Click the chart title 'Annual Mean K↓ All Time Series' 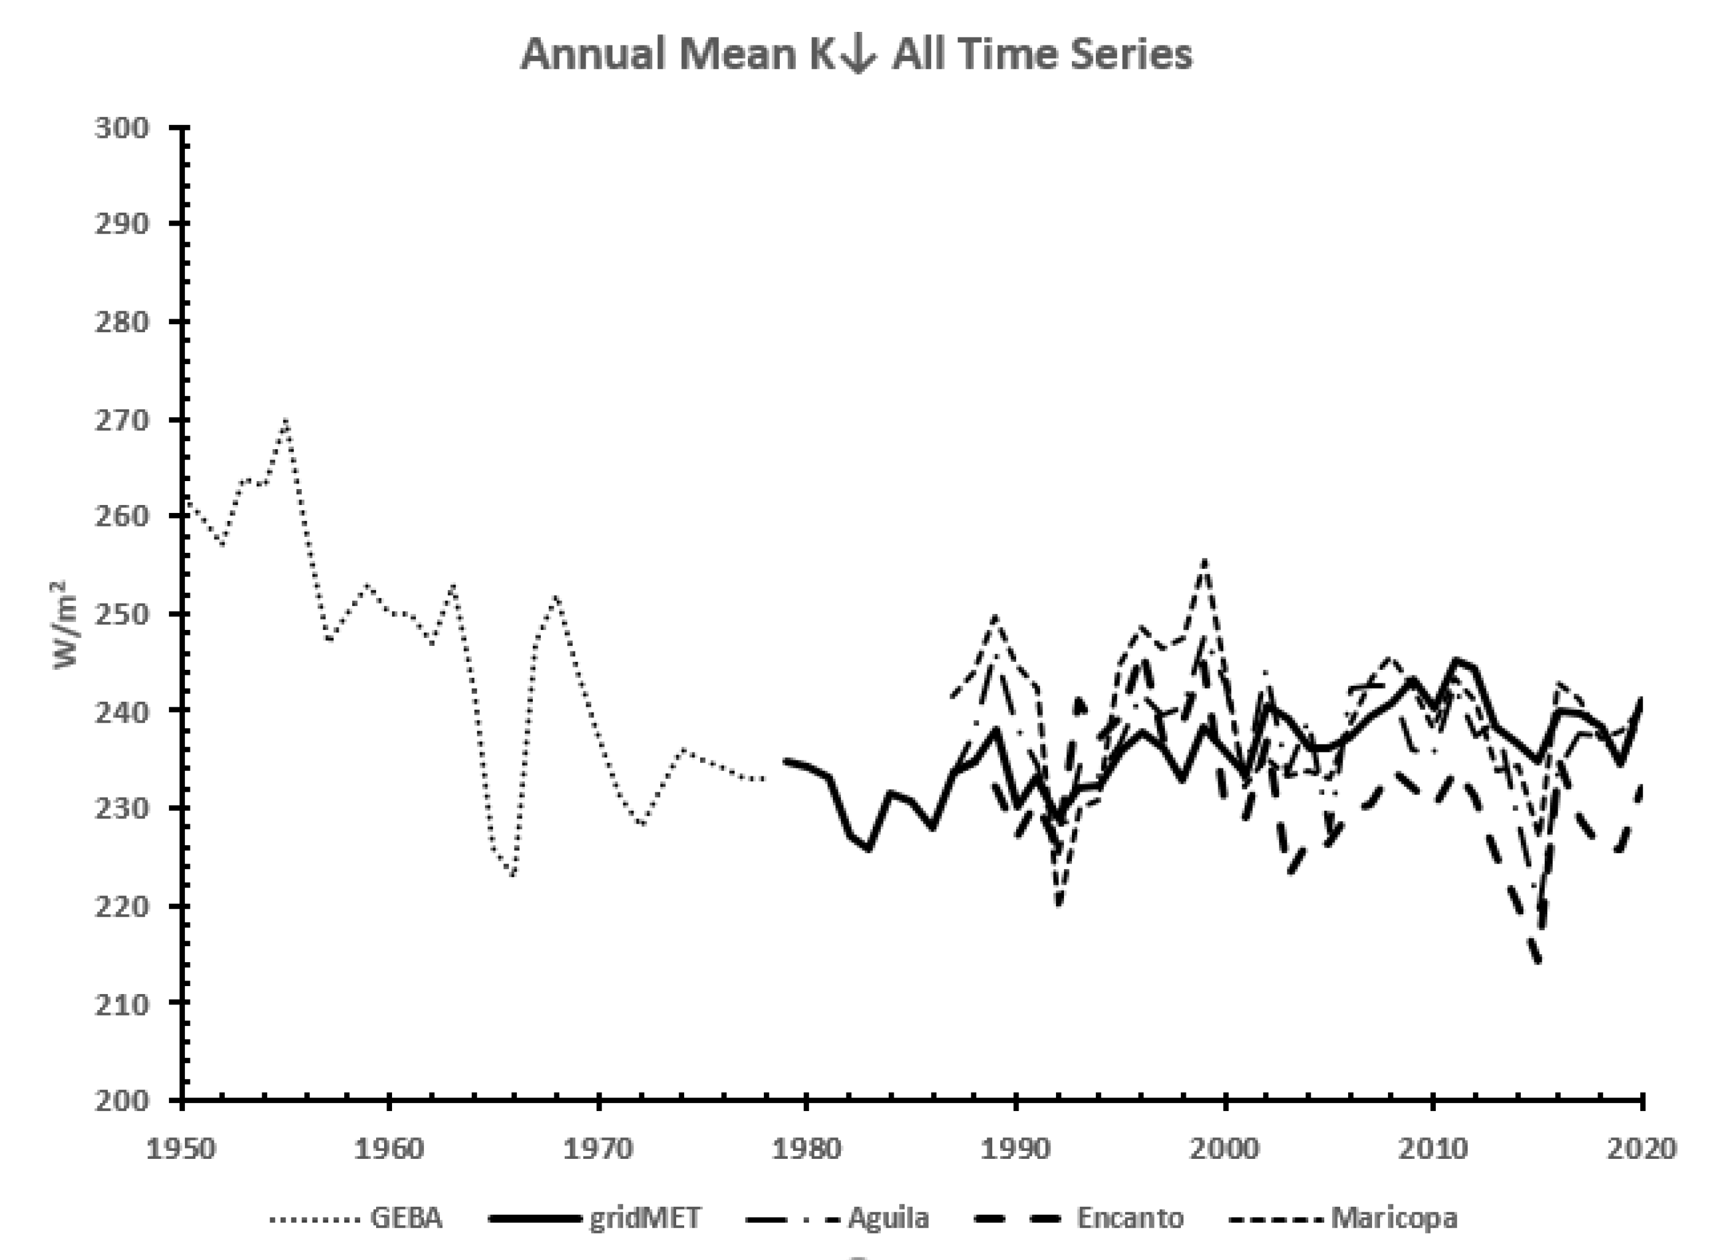(856, 55)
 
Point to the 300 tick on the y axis (121, 127)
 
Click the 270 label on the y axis (121, 420)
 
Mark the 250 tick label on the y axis (121, 614)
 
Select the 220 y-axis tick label (121, 906)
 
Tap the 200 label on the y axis (121, 1100)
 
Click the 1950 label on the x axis (181, 1148)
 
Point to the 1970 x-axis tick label (598, 1148)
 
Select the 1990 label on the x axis (1016, 1148)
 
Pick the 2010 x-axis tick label (1433, 1148)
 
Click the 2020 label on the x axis (1641, 1148)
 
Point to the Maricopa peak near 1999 (1204, 561)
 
